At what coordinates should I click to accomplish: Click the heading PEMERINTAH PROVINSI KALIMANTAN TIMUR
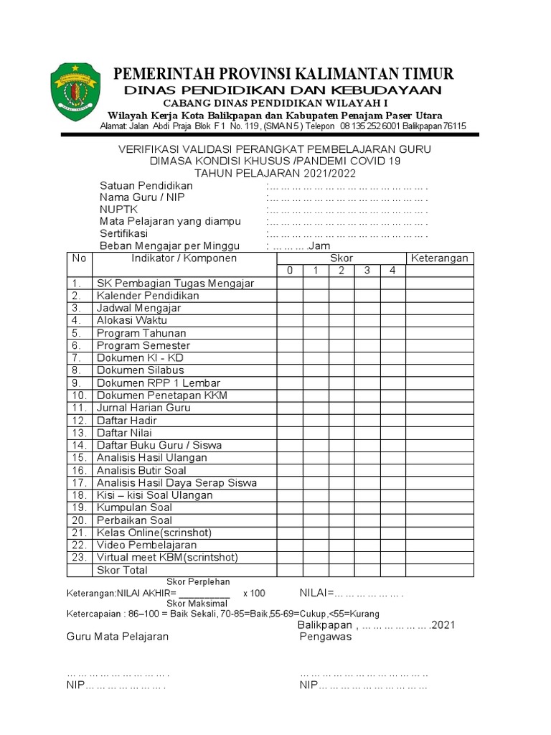tap(284, 74)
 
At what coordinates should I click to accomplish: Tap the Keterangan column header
tap(440, 258)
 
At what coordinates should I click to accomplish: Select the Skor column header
tap(342, 258)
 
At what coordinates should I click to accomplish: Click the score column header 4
tap(392, 271)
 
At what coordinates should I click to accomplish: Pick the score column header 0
tap(290, 271)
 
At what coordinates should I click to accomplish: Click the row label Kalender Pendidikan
tap(148, 296)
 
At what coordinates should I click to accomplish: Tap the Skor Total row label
tap(122, 571)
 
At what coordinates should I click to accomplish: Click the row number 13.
tap(79, 433)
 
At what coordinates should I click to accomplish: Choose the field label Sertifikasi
tap(123, 233)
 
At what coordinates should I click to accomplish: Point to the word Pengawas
tap(325, 637)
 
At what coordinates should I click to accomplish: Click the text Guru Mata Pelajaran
tap(118, 637)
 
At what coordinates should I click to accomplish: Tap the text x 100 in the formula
tap(254, 594)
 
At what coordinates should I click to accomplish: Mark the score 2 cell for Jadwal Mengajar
tap(342, 308)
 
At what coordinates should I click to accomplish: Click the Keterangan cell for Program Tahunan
tap(440, 333)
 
